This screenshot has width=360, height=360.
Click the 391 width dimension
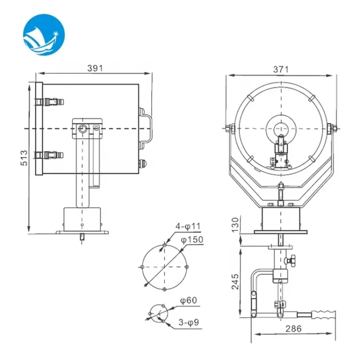[x=95, y=68]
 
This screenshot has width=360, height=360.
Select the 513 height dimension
[x=24, y=158]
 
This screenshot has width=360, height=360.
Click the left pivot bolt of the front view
[x=229, y=129]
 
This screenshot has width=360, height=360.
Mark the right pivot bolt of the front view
[x=333, y=129]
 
